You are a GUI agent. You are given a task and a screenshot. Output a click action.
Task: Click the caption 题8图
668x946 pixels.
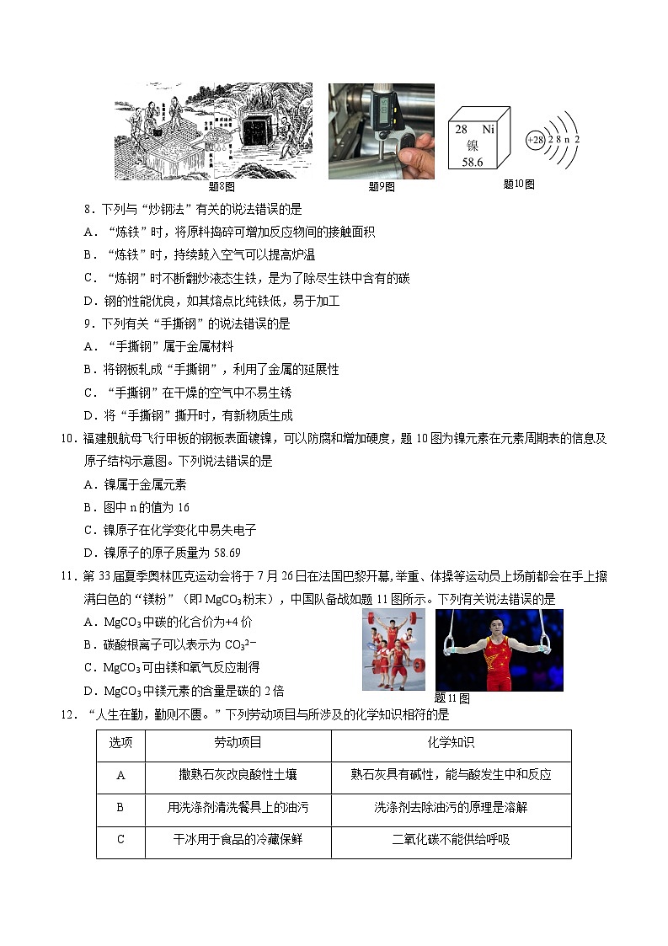pyautogui.click(x=221, y=186)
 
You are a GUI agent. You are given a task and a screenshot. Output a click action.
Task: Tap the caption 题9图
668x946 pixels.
pyautogui.click(x=382, y=186)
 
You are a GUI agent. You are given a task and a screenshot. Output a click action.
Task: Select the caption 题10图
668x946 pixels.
pyautogui.click(x=518, y=184)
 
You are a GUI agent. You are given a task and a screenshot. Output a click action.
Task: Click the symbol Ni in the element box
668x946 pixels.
pyautogui.click(x=489, y=130)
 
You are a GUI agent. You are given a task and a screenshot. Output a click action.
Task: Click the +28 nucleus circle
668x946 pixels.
pyautogui.click(x=535, y=139)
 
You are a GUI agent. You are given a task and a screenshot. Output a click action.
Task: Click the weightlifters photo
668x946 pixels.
pyautogui.click(x=393, y=649)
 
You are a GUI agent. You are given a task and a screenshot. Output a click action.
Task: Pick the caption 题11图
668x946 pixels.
pyautogui.click(x=452, y=697)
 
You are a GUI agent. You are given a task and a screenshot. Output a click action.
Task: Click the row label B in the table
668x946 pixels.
pyautogui.click(x=120, y=807)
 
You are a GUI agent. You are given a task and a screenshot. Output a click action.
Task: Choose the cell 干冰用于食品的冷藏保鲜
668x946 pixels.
pyautogui.click(x=238, y=839)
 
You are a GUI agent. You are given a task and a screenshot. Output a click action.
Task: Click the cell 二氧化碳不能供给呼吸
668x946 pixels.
pyautogui.click(x=451, y=839)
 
